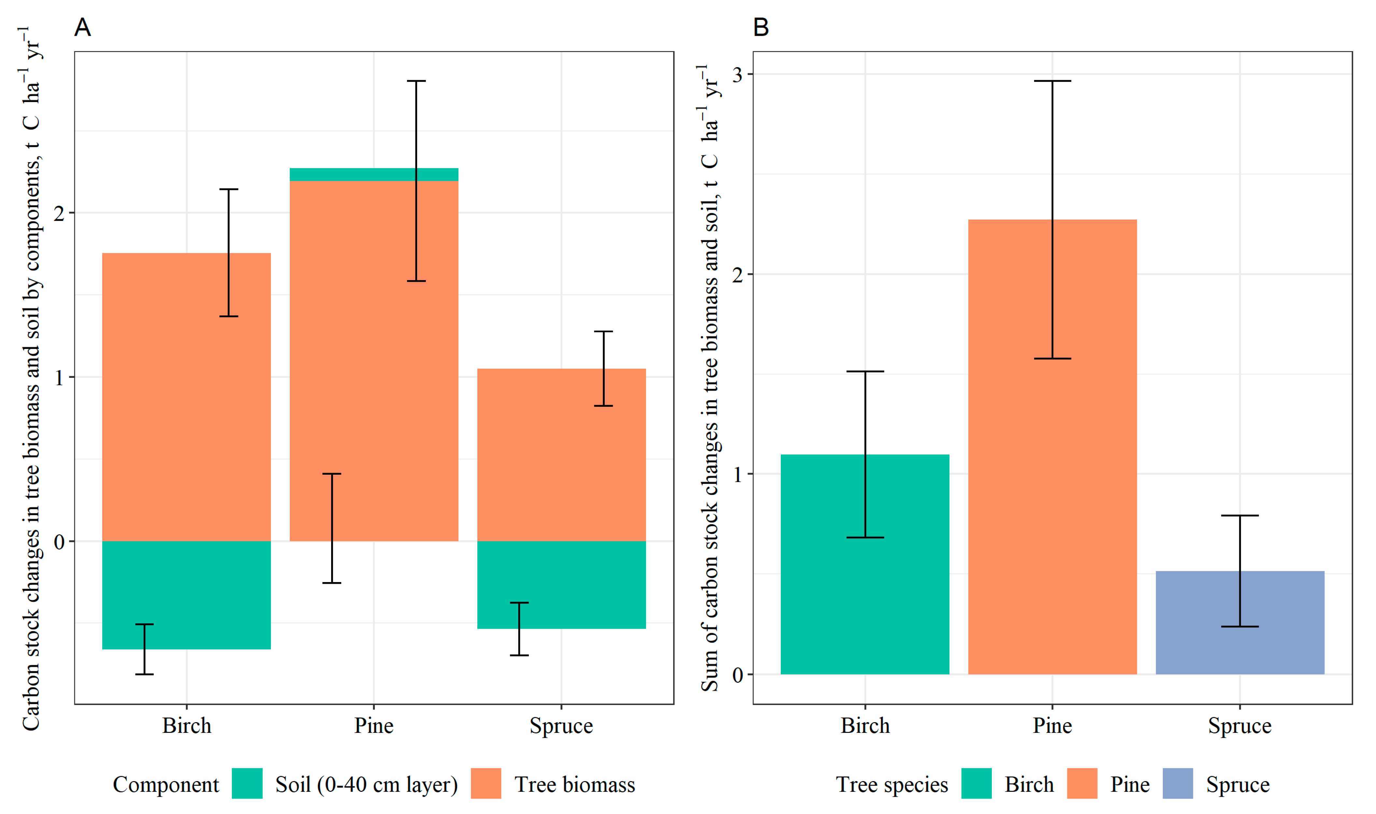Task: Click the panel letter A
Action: tap(82, 27)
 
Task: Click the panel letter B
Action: tap(761, 27)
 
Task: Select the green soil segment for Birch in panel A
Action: tap(186, 595)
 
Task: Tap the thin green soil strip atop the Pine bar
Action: tap(374, 175)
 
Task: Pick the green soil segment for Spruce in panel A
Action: tap(561, 585)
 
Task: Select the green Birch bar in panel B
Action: tap(865, 564)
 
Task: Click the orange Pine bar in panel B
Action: tap(1053, 447)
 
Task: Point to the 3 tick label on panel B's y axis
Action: tap(737, 75)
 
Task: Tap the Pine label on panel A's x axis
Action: tap(374, 726)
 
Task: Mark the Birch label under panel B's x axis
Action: tap(865, 726)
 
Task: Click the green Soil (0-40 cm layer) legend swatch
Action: tap(247, 783)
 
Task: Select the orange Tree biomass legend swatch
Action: tap(486, 783)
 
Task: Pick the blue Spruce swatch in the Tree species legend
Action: tap(1178, 783)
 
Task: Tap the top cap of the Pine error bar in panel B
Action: tap(1053, 81)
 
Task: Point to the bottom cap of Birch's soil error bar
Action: tap(145, 674)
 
